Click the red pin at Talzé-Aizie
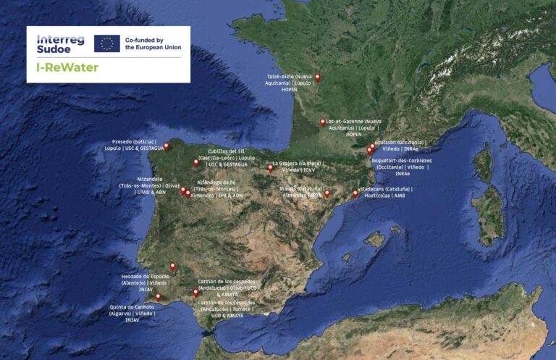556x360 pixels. (x=317, y=78)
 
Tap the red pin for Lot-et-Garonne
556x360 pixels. (x=322, y=122)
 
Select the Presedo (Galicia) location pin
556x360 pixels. (x=167, y=146)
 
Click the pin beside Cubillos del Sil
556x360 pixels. (x=195, y=163)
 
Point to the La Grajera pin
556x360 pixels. (x=270, y=168)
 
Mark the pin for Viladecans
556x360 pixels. (x=355, y=193)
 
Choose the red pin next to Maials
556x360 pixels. (x=327, y=193)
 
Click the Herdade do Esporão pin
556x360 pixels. (x=172, y=267)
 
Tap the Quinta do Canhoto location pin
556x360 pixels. (x=158, y=297)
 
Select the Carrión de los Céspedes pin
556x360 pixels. (x=194, y=293)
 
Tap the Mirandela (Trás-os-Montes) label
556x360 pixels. (x=149, y=185)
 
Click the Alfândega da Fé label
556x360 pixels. (x=216, y=188)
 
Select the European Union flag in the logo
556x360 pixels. (x=107, y=43)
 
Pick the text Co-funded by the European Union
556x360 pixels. (x=153, y=43)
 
